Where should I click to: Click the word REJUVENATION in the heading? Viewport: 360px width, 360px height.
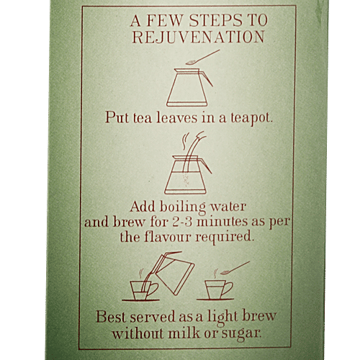pyautogui.click(x=199, y=37)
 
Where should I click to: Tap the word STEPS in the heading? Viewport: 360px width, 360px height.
pyautogui.click(x=215, y=20)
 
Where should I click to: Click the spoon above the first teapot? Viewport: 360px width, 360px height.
pyautogui.click(x=203, y=57)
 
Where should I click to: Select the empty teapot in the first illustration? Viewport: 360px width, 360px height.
pyautogui.click(x=189, y=87)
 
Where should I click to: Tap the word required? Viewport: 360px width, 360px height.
pyautogui.click(x=224, y=238)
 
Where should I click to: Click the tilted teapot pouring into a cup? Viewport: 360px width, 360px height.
pyautogui.click(x=174, y=274)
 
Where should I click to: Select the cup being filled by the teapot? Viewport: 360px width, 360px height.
pyautogui.click(x=142, y=290)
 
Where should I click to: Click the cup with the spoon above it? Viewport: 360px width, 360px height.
pyautogui.click(x=217, y=289)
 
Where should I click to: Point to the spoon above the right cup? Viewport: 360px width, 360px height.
pyautogui.click(x=235, y=268)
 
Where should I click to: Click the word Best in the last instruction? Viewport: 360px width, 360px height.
pyautogui.click(x=111, y=317)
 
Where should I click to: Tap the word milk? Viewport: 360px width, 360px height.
pyautogui.click(x=184, y=333)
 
